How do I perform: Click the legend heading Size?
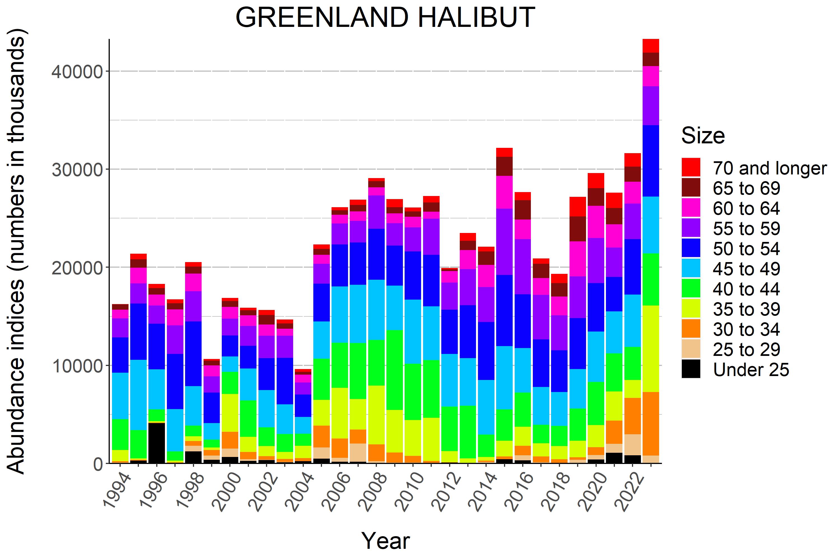tap(703, 136)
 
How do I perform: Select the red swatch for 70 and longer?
tap(691, 167)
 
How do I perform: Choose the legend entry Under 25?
tap(751, 370)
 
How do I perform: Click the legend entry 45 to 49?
tap(746, 269)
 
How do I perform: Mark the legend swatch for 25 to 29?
tap(691, 349)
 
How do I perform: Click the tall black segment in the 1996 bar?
tap(157, 443)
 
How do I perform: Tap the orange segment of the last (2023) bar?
tap(651, 424)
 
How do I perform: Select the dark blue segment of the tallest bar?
tap(651, 161)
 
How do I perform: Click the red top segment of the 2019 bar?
tap(577, 206)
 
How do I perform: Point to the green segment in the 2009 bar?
tap(394, 370)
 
